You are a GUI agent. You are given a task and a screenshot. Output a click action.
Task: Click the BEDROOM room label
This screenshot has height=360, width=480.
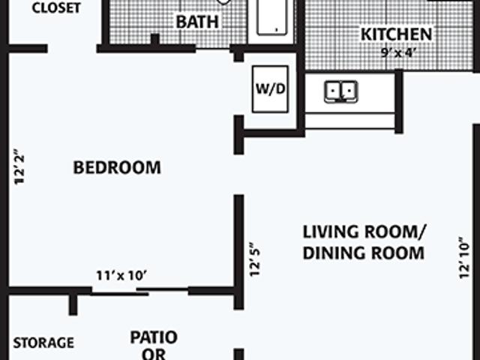coord(116,166)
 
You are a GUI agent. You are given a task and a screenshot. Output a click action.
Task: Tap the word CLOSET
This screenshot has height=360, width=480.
coord(56,8)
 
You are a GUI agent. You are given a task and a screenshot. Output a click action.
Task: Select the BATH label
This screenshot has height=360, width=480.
coord(197,22)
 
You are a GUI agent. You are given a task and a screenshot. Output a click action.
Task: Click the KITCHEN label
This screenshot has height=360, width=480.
coord(396,34)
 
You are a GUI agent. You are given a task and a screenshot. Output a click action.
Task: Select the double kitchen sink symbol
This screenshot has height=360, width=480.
coord(340,91)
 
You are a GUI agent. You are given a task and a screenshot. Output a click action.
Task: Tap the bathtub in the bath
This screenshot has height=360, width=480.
coord(273,18)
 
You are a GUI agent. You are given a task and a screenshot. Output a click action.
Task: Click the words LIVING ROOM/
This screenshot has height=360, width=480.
coord(364,229)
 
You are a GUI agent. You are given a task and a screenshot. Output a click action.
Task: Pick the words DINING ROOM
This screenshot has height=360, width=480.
coord(363,253)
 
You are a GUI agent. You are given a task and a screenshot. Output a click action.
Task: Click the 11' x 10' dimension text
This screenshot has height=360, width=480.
coord(121,275)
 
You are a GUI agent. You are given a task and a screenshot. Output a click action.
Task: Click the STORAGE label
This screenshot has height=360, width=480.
coord(44,343)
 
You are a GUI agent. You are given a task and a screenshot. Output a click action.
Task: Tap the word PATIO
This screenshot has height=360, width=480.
coord(154,337)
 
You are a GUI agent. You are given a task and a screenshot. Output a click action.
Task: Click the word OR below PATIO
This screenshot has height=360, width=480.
coord(154,355)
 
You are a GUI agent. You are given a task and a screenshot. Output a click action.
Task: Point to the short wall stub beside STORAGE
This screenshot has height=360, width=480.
coord(73,304)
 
